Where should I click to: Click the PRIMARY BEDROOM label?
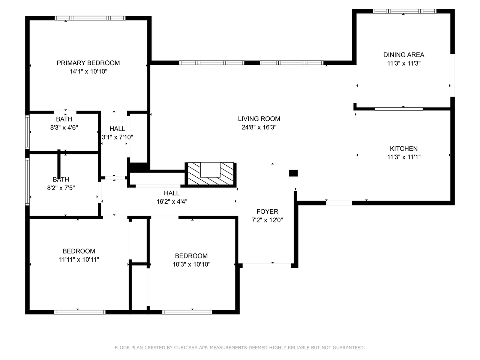tap(88, 63)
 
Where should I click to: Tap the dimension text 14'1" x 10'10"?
tap(88, 71)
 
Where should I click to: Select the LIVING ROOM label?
tap(259, 119)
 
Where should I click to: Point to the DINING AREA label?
tap(403, 55)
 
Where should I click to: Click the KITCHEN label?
tap(403, 148)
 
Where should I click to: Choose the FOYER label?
tap(267, 211)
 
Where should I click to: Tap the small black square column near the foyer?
tap(293, 173)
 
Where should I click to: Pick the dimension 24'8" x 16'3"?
tap(259, 127)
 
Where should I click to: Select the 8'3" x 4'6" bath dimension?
tap(64, 127)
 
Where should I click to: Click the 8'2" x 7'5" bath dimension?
tap(61, 188)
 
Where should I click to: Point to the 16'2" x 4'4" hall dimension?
tap(172, 202)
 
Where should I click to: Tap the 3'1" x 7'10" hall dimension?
tap(117, 137)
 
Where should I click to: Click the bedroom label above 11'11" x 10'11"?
tap(79, 251)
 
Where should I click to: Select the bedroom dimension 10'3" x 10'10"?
tap(191, 264)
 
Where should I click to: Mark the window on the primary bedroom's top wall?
tap(90, 18)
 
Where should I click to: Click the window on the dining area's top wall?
tap(404, 11)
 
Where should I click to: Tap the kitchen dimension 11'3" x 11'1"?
tap(403, 157)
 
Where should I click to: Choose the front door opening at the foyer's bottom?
tap(266, 265)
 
